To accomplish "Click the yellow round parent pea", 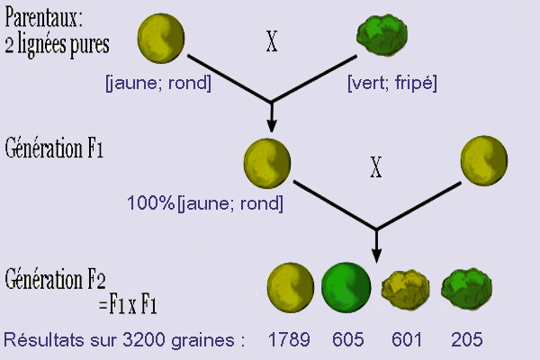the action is pos(161,38).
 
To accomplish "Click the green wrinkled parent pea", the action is pos(382,35).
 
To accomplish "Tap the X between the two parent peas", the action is pos(272,41).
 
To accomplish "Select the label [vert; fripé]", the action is pos(392,83).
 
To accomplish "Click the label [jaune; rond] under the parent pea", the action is pos(158,83).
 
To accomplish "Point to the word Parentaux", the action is pos(44,18).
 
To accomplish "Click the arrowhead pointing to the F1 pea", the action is pos(272,126).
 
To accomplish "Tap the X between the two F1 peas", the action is pos(376,167).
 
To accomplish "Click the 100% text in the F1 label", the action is pos(151,202).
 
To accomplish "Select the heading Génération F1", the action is pos(54,148).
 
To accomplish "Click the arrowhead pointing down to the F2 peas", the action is pos(376,256).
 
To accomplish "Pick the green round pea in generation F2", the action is pos(346,288).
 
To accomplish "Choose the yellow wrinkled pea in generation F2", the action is pos(406,290).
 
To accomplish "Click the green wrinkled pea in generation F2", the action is pos(466,289).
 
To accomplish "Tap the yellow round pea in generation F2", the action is pos(291,288).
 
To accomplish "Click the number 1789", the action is pos(289,339).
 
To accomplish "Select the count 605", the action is pos(347,339).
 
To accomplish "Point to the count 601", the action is pos(407,339).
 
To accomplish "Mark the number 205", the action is pos(466,339).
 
